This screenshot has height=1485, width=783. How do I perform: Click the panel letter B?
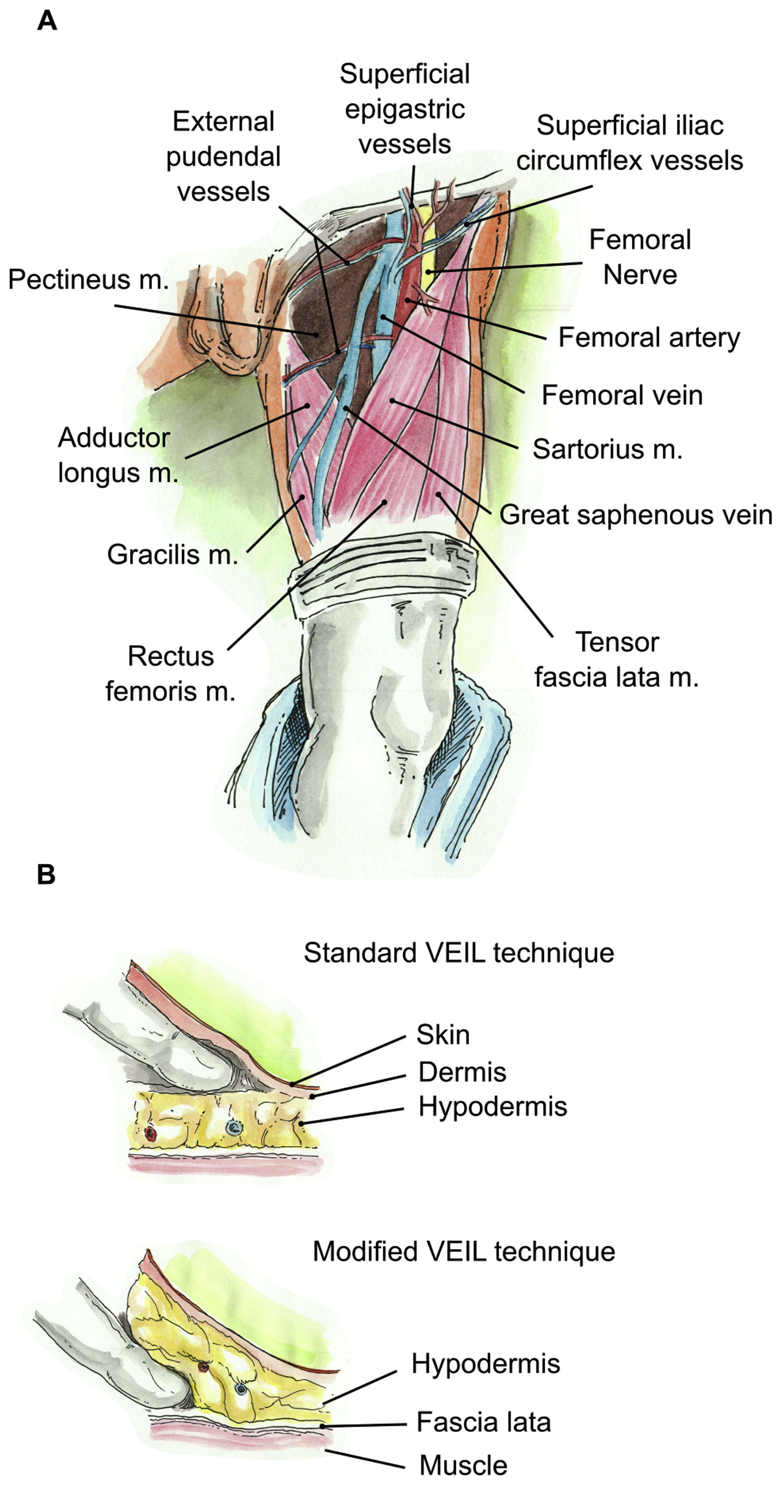46,875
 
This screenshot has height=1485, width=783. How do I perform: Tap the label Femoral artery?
649,338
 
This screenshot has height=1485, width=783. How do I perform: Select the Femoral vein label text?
622,395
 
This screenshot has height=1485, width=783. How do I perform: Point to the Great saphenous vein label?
635,515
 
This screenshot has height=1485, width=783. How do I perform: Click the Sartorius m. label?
607,449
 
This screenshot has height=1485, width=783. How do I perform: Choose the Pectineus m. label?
88,280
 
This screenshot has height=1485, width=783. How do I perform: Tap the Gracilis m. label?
172,554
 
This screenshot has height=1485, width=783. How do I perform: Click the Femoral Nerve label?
639,257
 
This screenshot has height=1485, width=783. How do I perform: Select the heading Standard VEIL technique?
459,953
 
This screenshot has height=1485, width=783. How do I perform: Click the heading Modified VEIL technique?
464,1252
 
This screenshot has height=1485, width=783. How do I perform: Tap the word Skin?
443,1035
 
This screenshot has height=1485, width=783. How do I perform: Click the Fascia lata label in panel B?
483,1422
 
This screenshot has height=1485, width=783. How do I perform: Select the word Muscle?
463,1465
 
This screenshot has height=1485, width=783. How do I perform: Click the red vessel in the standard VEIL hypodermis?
151,1134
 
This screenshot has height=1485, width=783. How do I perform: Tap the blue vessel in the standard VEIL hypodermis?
234,1127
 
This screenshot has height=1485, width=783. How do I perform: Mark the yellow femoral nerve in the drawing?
427,254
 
